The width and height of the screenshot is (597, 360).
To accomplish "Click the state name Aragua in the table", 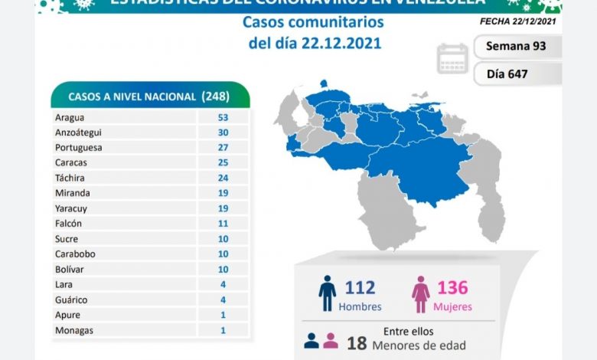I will pos(70,117).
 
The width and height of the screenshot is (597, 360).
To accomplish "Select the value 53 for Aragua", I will pos(223,117).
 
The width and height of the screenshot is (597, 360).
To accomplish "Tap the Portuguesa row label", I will pos(79,147).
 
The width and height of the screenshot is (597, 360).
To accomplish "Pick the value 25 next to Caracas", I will pos(223,162).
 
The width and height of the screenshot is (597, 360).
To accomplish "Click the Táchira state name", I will pos(70,178).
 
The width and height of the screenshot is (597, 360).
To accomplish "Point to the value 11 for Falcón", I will pos(223,223).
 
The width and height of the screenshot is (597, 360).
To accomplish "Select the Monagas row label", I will pos(73,329).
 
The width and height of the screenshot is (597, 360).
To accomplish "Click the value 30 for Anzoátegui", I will pos(223,133).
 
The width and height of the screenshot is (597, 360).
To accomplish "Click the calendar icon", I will pos(452,59).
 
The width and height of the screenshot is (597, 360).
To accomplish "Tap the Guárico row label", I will pos(71,299).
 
